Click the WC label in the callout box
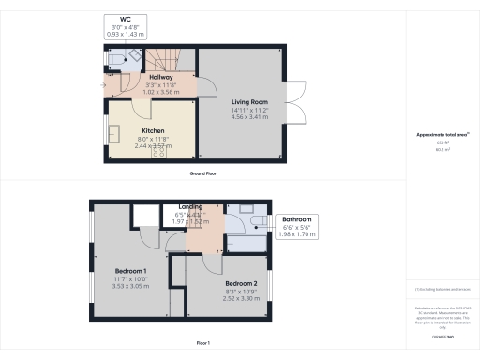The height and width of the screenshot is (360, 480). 125,19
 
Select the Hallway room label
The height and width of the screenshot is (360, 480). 149,77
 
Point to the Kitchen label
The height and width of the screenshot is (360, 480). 153,131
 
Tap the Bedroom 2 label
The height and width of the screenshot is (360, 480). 241,283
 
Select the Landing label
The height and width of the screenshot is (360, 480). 190,207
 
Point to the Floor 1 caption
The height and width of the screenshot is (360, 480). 202,342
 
